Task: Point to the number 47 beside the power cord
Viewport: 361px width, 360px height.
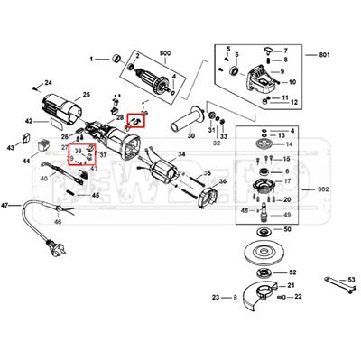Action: [x=5, y=206]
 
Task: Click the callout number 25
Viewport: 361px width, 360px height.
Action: [x=87, y=94]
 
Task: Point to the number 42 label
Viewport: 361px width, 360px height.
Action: [x=29, y=121]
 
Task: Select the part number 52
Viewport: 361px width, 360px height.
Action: [x=292, y=271]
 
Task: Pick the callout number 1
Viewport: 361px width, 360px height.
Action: [x=92, y=60]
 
